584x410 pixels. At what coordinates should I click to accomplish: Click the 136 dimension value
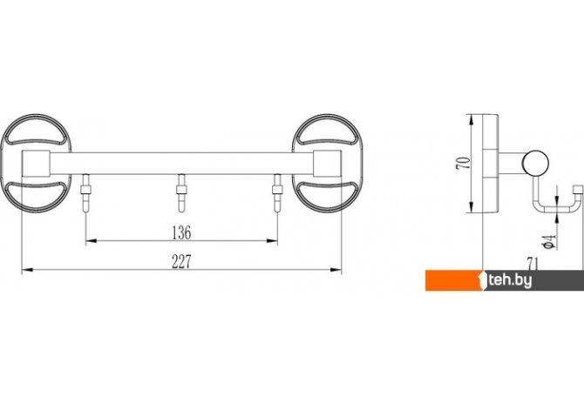point(182,232)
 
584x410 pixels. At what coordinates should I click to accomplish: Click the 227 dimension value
point(182,262)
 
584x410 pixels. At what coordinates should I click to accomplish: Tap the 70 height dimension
point(464,164)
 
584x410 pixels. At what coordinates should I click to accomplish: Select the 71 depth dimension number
point(533,264)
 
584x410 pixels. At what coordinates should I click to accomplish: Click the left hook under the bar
point(86,192)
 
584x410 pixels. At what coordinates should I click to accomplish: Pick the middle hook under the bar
point(181,192)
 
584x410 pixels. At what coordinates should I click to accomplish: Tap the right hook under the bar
point(277,192)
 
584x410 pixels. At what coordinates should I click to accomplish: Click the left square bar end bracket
point(36,164)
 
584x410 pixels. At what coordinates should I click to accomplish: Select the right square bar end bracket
point(327,164)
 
